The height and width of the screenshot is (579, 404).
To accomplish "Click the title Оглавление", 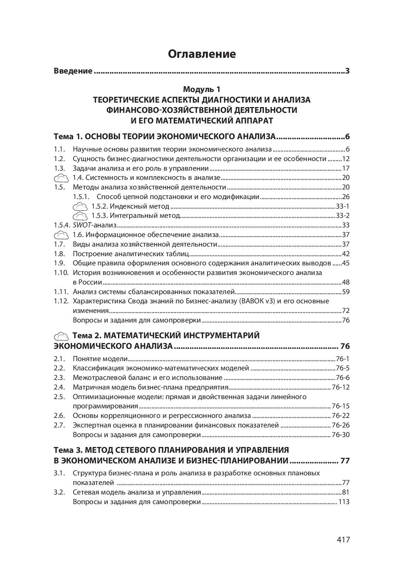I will pos(202,54).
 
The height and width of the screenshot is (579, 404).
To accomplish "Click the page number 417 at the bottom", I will pos(343,540).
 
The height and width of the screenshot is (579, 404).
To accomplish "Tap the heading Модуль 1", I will pos(202,90).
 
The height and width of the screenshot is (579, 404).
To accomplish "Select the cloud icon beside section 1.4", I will pos(62,178).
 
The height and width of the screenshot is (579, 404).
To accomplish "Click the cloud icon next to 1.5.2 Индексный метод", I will pos(80,207).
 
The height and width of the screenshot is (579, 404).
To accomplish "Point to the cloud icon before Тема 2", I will pos(62,336).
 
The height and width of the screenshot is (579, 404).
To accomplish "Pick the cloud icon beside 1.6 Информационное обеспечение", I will pos(62,235).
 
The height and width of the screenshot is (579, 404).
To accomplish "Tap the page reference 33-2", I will pos(343,216).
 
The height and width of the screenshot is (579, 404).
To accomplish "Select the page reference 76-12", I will pos(341,387).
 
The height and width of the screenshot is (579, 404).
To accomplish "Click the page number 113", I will pos(344,502).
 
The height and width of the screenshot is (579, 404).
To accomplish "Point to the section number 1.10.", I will pos(61,273).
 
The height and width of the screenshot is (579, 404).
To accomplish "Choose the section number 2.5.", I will pos(59,397).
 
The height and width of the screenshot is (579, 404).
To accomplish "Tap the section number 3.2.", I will pos(59,492).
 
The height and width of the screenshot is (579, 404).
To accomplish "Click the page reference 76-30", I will pos(341,435).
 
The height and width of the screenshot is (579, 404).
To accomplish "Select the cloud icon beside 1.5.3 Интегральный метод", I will pos(80,216).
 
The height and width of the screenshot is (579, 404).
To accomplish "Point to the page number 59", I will pos(346,292).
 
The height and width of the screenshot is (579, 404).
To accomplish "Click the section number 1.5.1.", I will pos(81,197).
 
